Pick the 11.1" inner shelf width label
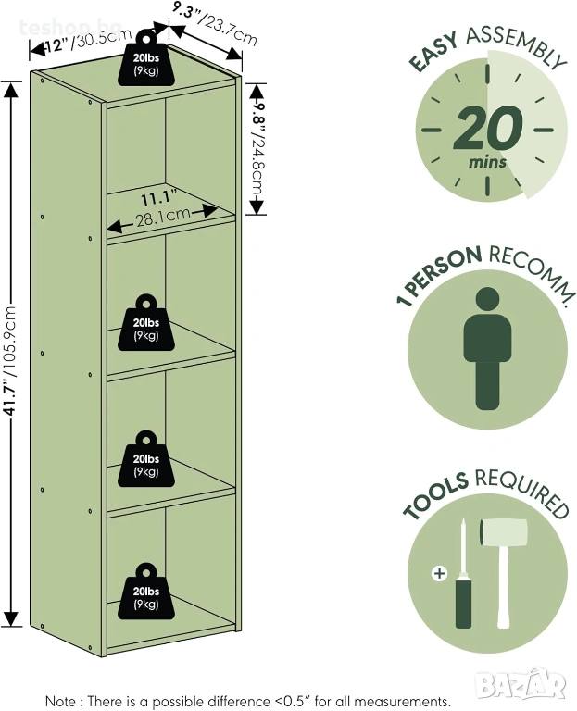pyautogui.click(x=158, y=198)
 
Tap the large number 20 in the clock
pyautogui.click(x=488, y=129)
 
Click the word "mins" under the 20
pyautogui.click(x=488, y=163)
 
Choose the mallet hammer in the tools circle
pyautogui.click(x=502, y=565)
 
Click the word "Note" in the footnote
pyautogui.click(x=62, y=701)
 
